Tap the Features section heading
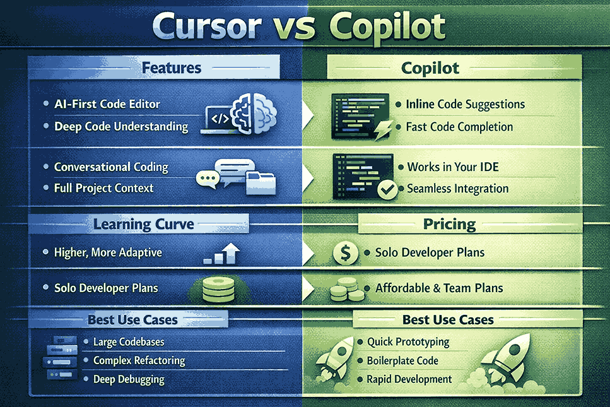tap(172, 67)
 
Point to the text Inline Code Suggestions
tap(466, 103)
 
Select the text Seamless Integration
tap(457, 188)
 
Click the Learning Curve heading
tap(144, 224)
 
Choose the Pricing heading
tap(449, 224)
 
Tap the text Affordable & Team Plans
tap(439, 288)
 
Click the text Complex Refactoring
tap(139, 360)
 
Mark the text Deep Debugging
tap(129, 379)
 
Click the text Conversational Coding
tap(111, 167)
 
